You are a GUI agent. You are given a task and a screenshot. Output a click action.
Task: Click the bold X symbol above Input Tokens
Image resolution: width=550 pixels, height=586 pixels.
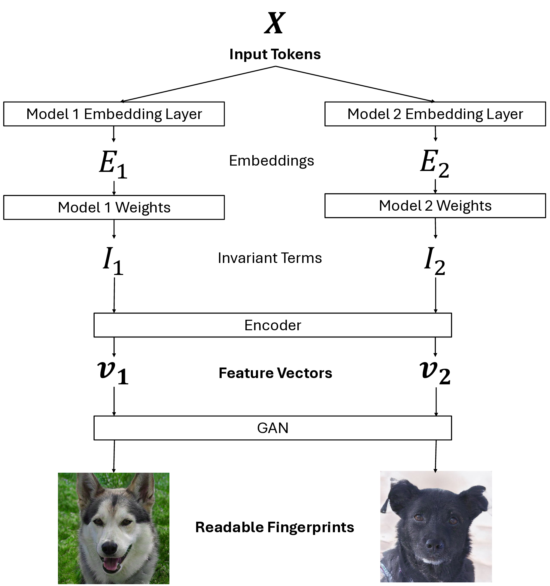275,23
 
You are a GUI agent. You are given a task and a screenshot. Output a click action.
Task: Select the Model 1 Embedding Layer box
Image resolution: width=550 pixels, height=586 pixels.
114,114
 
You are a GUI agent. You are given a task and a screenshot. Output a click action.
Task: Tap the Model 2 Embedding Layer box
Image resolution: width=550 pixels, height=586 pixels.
435,114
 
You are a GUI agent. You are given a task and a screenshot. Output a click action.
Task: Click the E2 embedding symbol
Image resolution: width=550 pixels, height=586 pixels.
434,164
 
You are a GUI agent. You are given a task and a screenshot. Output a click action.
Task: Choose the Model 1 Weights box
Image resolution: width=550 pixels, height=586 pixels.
114,207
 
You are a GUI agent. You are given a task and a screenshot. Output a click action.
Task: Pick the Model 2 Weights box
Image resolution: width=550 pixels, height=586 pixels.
435,206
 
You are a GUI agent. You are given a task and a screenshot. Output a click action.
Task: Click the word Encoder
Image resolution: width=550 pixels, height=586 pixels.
272,325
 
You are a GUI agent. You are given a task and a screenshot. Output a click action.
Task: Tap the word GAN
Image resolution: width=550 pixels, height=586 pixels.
272,428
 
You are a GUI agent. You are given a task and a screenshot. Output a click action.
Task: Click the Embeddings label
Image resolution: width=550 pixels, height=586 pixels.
272,161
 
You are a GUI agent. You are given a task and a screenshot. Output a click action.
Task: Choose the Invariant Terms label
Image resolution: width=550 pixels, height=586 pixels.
270,258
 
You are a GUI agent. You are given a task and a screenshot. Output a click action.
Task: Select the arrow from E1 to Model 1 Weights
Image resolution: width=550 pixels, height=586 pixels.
114,188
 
